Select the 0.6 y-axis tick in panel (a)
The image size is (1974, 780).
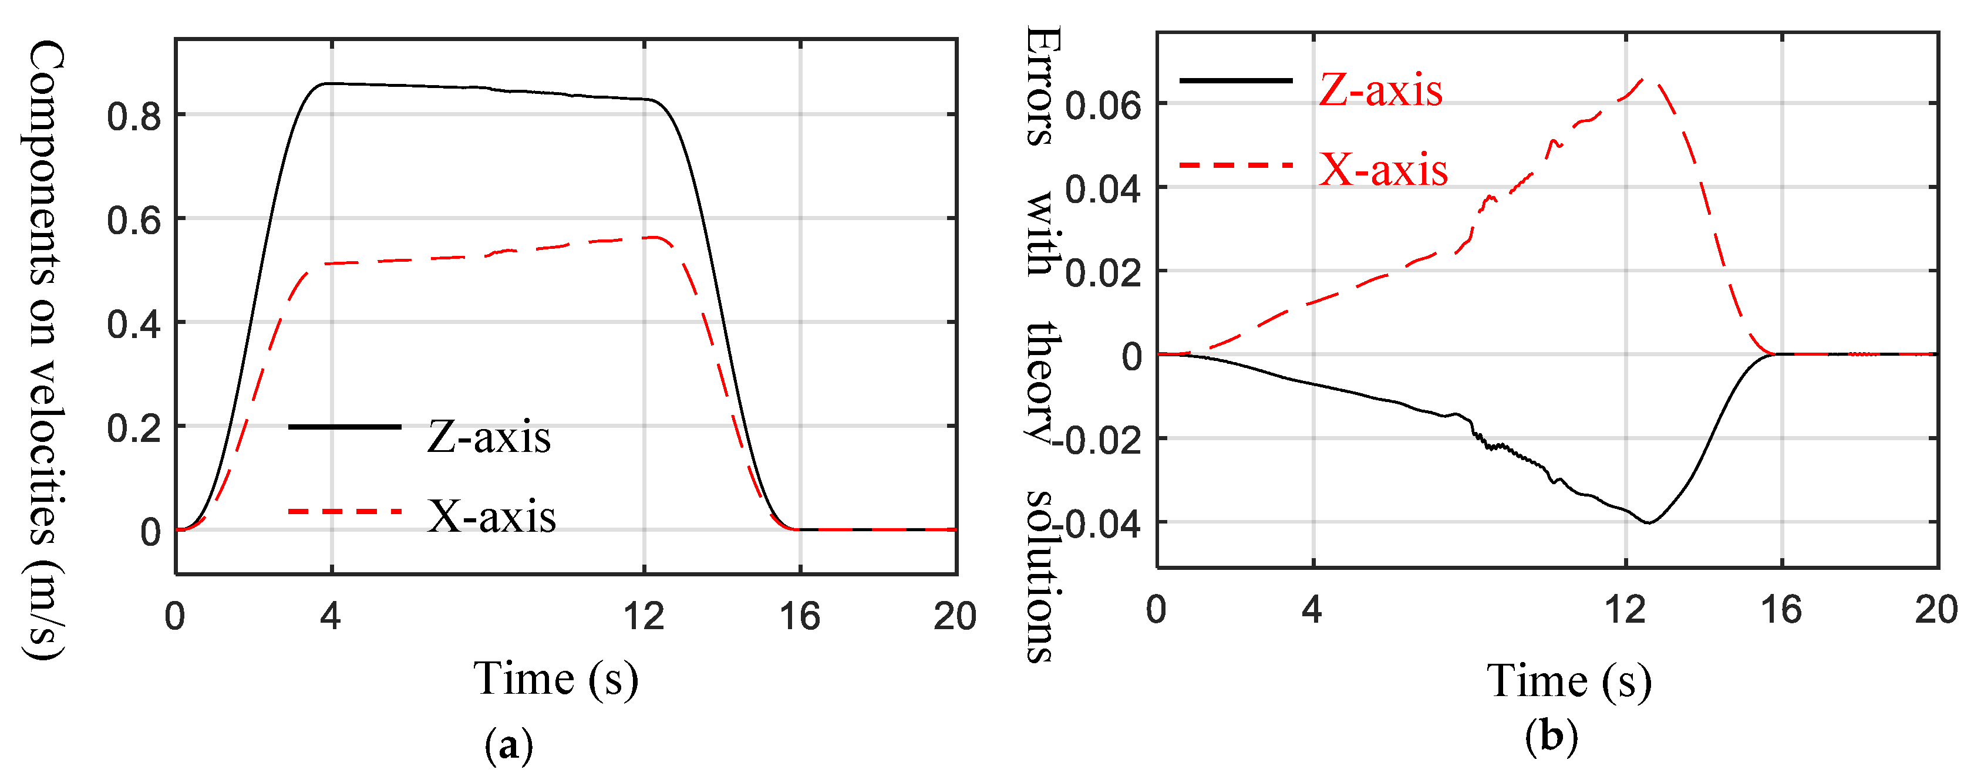point(134,221)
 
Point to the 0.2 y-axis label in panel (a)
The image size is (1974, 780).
point(134,428)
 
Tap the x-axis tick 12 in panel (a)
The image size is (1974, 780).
point(644,616)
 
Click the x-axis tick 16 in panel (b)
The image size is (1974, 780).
point(1781,610)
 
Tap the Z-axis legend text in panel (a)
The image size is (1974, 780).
point(489,437)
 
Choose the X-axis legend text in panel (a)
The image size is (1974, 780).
point(492,517)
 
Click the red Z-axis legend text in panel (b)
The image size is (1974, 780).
point(1380,90)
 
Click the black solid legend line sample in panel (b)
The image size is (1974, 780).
point(1235,80)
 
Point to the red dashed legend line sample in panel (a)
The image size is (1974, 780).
point(344,511)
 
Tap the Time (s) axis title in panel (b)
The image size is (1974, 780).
point(1569,681)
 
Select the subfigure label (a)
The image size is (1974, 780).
point(509,745)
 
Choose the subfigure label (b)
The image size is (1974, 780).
point(1551,737)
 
